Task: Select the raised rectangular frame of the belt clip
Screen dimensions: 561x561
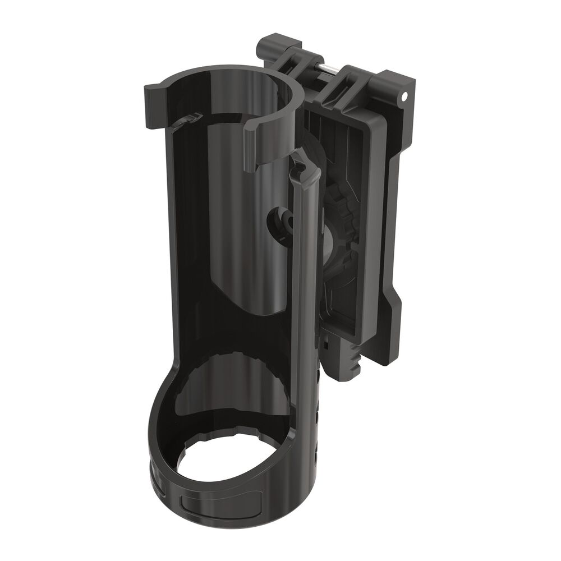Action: [x=365, y=224]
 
